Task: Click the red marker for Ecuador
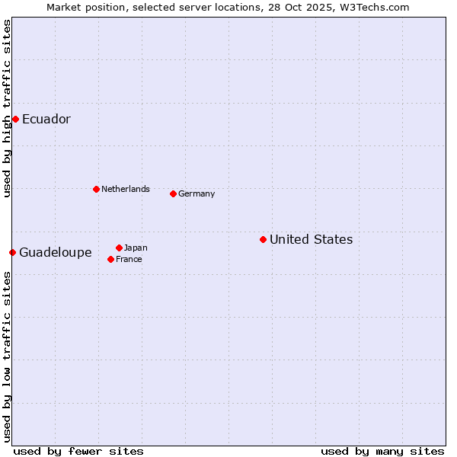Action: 15,119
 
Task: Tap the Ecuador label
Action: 46,119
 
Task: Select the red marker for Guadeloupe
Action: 12,252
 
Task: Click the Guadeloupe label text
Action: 55,252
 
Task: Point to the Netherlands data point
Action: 96,189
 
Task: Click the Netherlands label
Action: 125,189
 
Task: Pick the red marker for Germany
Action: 173,193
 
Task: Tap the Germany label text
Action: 197,193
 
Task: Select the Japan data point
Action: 119,248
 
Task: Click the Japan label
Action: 136,248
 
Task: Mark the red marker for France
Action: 110,259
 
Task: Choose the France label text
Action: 129,259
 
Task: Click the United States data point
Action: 263,239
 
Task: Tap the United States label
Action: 311,239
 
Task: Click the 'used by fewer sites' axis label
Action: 78,451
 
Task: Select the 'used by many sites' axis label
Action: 382,451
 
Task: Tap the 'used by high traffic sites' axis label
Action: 7,108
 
